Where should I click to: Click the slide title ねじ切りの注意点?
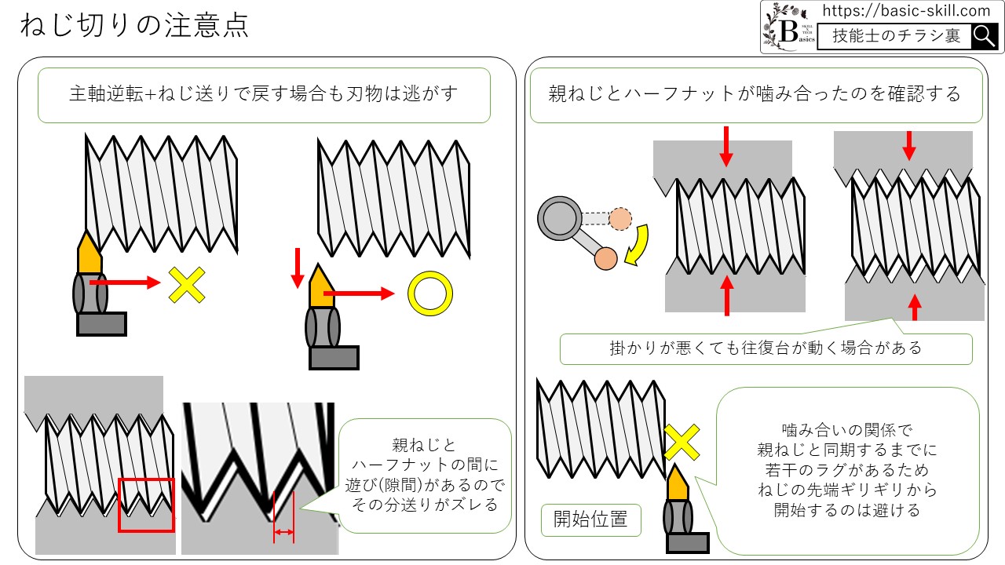pos(134,26)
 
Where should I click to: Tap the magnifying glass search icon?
pos(984,36)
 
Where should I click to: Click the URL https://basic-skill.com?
pos(906,11)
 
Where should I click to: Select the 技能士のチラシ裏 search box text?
pos(895,36)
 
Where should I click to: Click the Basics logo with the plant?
pos(788,27)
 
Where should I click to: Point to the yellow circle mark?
pos(430,294)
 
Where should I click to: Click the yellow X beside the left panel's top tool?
pos(187,285)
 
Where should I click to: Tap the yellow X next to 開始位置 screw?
pos(682,443)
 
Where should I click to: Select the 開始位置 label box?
pos(590,519)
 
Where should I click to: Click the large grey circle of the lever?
pos(557,217)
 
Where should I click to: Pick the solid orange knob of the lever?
pos(606,257)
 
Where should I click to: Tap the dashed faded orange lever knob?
pos(620,218)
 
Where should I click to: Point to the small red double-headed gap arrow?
pos(283,533)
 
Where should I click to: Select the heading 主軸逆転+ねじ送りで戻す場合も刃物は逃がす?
pos(264,94)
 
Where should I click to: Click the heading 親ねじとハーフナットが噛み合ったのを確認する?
pos(755,94)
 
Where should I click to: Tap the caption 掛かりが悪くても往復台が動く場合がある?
pos(766,347)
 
